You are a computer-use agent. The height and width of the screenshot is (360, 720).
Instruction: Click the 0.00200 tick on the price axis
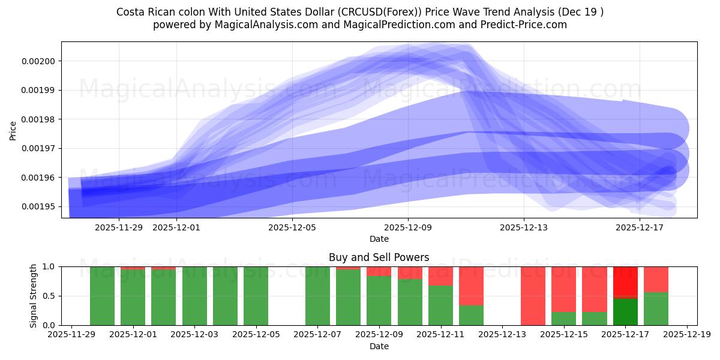coord(39,61)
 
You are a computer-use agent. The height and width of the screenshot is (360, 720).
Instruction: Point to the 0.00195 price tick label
coord(39,207)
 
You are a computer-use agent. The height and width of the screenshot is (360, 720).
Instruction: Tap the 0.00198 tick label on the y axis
coord(39,119)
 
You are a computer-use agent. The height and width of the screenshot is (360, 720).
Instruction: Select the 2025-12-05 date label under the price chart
coord(292,227)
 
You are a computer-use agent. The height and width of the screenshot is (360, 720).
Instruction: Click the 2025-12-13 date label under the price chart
coord(524,227)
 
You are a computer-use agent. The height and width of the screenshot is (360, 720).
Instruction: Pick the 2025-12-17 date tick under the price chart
coord(640,227)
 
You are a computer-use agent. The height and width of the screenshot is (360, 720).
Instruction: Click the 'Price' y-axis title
coord(13,130)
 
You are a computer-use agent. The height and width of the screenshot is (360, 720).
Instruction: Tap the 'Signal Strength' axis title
coord(34,296)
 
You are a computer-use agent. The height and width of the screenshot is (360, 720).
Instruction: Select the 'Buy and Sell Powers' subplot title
coord(379,257)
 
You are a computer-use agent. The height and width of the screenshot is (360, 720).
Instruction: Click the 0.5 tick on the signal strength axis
coord(49,296)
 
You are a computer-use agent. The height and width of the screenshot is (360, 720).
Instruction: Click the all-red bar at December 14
coord(533,296)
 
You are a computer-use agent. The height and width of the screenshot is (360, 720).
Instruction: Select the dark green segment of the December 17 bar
coord(625,312)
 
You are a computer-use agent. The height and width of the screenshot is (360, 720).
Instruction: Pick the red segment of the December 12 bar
coord(471,286)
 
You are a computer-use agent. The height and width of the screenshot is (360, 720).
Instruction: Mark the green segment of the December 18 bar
coord(656,309)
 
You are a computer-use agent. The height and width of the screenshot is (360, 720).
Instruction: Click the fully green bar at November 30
coord(102,296)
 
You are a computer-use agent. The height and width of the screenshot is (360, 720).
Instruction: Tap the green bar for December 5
coord(256,296)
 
